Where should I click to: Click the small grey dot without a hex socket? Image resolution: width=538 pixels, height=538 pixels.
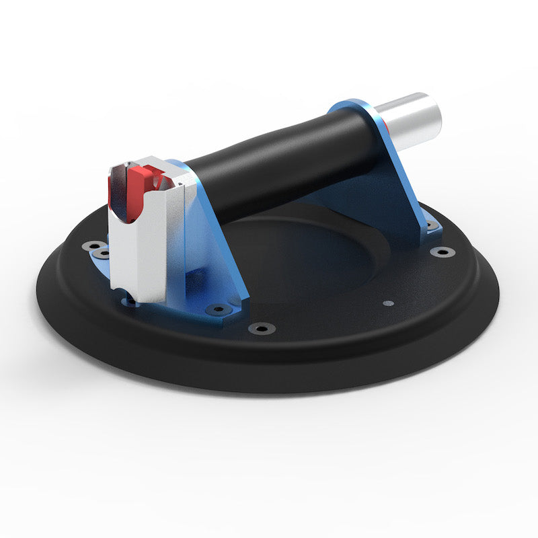click(387, 303)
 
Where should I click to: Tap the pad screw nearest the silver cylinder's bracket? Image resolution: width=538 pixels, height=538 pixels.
click(442, 252)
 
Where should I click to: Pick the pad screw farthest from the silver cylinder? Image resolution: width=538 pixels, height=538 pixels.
click(91, 246)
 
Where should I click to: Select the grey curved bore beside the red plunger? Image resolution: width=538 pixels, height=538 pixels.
click(118, 192)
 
